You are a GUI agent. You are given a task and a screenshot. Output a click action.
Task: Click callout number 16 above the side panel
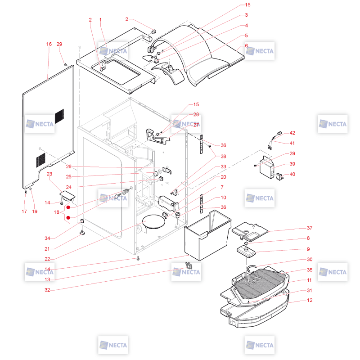pyautogui.click(x=49, y=44)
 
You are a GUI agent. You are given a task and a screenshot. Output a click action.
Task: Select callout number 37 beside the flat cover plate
pyautogui.click(x=310, y=228)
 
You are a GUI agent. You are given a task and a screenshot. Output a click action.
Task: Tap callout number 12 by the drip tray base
pyautogui.click(x=310, y=300)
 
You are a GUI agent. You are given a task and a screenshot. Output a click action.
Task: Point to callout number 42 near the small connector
pyautogui.click(x=292, y=133)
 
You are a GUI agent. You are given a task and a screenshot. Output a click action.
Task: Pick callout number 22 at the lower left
pyautogui.click(x=47, y=259)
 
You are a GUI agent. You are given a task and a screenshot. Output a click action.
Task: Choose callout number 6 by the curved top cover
pyautogui.click(x=246, y=45)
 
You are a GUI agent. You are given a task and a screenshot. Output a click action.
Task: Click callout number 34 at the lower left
pyautogui.click(x=47, y=238)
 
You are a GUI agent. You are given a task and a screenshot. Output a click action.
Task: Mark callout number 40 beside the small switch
pyautogui.click(x=292, y=174)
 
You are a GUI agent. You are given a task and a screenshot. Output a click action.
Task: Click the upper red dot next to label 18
pyautogui.click(x=68, y=207)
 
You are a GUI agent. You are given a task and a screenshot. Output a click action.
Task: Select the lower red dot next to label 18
pyautogui.click(x=68, y=218)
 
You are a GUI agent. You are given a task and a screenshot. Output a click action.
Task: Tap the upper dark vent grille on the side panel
pyautogui.click(x=59, y=117)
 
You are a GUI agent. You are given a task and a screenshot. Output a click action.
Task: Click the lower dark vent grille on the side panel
pyautogui.click(x=40, y=160)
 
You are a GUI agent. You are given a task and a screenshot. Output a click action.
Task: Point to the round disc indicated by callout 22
pyautogui.click(x=153, y=221)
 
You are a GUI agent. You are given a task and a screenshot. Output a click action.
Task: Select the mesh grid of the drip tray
pyautogui.click(x=260, y=283)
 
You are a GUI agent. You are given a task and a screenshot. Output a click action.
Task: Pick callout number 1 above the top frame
pyautogui.click(x=100, y=20)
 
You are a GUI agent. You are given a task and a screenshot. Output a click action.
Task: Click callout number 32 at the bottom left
pyautogui.click(x=47, y=290)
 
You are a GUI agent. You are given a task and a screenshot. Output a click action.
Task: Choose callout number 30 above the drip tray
pyautogui.click(x=310, y=260)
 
